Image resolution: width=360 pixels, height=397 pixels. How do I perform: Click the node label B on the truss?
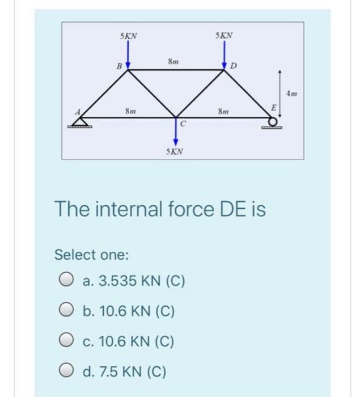point(119,66)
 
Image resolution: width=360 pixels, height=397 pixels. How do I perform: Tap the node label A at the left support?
point(79,111)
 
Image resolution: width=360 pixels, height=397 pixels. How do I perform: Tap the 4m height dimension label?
point(291,92)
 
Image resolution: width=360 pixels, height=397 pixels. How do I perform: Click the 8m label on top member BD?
point(174,61)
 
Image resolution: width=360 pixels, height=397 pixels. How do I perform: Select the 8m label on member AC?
point(130,111)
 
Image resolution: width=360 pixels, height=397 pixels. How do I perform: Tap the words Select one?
point(92,255)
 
